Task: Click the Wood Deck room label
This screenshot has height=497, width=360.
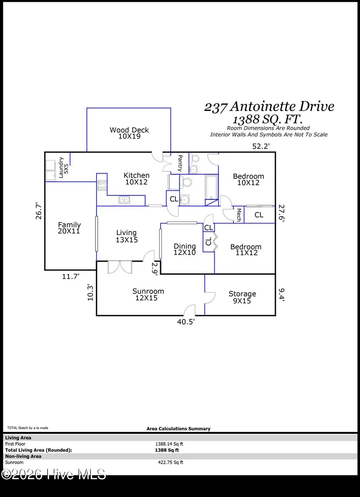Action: coord(129,133)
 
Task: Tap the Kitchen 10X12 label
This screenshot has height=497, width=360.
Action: coord(137,178)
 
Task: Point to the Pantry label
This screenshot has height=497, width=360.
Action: coord(180,163)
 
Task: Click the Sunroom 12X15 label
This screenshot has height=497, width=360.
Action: coord(148,294)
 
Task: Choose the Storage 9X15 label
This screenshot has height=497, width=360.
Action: coord(242,297)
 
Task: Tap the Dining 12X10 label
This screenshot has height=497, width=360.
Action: coord(185,249)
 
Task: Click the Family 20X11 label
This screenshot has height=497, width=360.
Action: coord(69,228)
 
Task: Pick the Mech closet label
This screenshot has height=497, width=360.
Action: coord(239,214)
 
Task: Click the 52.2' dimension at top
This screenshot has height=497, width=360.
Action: coord(261,146)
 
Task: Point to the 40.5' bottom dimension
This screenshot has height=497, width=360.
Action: coord(186,322)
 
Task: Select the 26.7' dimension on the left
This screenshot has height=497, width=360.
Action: coord(39,211)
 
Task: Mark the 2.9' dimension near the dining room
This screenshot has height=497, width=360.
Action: coord(154,269)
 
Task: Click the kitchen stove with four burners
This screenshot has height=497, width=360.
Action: coord(102,185)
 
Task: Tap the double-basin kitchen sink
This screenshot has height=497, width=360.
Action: coord(124,199)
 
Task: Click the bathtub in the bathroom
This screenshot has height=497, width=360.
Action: coord(211,187)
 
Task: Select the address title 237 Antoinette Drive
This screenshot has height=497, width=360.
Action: coord(269,107)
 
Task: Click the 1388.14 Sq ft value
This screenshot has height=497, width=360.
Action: coord(169,444)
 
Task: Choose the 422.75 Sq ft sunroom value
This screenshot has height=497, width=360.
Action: coord(170,463)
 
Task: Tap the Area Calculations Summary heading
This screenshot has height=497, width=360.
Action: coord(178,429)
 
